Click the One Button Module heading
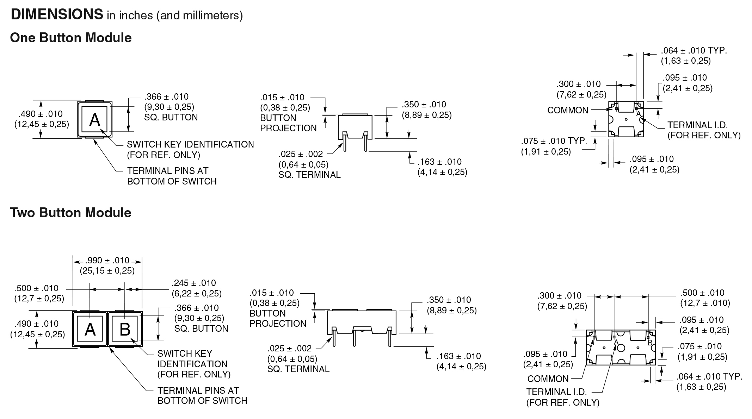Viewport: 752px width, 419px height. [x=71, y=38]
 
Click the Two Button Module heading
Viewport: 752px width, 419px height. [x=70, y=213]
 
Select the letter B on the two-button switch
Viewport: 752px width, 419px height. [x=125, y=330]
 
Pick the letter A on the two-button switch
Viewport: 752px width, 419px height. [x=90, y=330]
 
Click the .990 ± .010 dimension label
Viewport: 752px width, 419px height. [x=107, y=261]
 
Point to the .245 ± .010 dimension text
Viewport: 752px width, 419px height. [x=194, y=283]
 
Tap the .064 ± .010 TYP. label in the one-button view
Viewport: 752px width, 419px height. [x=694, y=50]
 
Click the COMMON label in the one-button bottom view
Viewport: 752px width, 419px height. [x=568, y=110]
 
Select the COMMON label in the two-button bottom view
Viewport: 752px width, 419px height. [x=548, y=379]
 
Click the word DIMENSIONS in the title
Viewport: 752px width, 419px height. [x=57, y=14]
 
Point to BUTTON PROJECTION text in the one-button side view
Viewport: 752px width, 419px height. [x=288, y=123]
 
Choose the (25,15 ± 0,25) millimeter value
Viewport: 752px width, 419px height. [x=107, y=270]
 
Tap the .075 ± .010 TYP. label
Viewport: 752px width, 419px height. [x=554, y=141]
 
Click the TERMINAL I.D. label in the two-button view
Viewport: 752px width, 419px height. [x=556, y=392]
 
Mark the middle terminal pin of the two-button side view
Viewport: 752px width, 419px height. [x=354, y=339]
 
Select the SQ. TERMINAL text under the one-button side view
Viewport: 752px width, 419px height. [x=309, y=175]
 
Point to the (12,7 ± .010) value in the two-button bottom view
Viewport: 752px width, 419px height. [x=705, y=303]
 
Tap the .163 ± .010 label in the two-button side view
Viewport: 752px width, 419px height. [x=458, y=356]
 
